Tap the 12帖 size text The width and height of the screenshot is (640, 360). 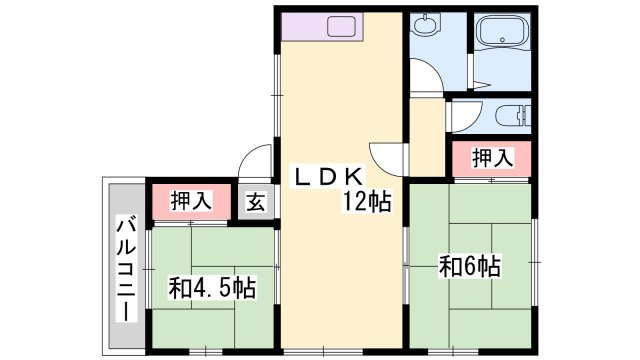pos(367,202)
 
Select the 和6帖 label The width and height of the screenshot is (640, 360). pos(469,266)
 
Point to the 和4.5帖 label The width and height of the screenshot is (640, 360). pos(212,288)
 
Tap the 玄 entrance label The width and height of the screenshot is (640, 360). pos(256,202)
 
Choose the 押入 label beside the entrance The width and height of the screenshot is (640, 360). pos(191,201)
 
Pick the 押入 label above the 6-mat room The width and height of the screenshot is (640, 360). pos(492,158)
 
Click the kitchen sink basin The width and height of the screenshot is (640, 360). pos(342,27)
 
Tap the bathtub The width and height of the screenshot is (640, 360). pos(502,31)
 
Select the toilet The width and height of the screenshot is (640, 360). pos(513,116)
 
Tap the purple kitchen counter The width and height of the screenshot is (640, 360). pos(322,27)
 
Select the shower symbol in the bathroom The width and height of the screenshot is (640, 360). pos(482,85)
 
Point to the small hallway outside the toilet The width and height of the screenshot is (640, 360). pos(427,137)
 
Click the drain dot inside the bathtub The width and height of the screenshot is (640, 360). pos(502,40)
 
